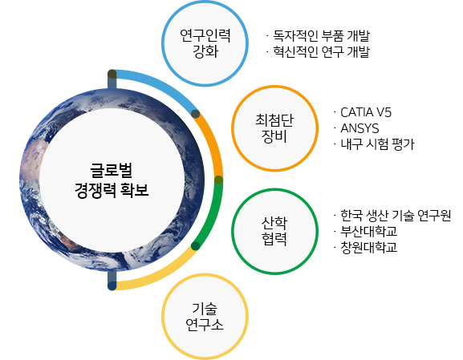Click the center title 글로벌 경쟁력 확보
(112, 180)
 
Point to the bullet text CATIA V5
(366, 112)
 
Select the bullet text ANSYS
(359, 128)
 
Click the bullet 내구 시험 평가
(378, 144)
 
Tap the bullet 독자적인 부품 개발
(321, 36)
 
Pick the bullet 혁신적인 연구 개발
(321, 51)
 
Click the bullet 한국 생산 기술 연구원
(396, 216)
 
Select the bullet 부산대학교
(369, 232)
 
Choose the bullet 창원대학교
(369, 247)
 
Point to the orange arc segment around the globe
(213, 145)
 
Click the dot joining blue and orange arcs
(196, 114)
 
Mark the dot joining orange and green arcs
(218, 180)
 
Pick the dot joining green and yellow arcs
(196, 246)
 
